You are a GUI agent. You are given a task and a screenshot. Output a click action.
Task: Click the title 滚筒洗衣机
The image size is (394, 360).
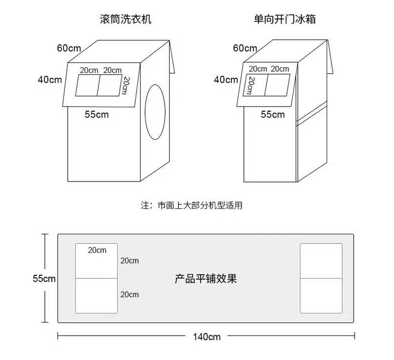coord(125,20)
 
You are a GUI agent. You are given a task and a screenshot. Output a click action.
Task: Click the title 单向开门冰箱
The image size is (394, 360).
coord(285,20)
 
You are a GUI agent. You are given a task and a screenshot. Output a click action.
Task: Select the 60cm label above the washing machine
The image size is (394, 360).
coord(69,48)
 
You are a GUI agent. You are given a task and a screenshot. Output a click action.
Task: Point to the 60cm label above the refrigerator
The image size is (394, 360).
coord(245,48)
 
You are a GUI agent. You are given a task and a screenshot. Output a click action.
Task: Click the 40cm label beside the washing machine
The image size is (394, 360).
coord(49,79)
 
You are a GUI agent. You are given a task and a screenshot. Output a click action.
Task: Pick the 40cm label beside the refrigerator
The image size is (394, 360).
coord(225,79)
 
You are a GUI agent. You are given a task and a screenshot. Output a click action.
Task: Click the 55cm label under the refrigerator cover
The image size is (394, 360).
coord(273,115)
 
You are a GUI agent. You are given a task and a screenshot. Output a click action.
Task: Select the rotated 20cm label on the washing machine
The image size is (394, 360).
coord(126,85)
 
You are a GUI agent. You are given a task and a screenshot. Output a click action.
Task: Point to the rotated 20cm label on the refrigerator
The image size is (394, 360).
coord(251,85)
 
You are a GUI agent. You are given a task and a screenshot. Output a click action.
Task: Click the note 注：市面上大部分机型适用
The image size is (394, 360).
coord(192,205)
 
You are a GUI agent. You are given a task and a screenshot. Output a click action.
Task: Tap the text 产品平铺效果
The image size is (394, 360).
coord(205,278)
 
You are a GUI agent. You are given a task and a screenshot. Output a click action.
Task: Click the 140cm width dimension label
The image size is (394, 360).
coord(206,337)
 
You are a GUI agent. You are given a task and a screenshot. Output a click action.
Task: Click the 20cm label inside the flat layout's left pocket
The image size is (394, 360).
coord(97,250)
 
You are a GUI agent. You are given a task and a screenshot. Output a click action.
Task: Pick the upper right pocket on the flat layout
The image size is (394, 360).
coord(321,261)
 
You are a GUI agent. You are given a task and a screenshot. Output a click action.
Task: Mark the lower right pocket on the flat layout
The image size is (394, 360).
coord(321,296)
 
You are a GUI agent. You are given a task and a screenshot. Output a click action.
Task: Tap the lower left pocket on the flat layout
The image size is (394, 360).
coord(97,296)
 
